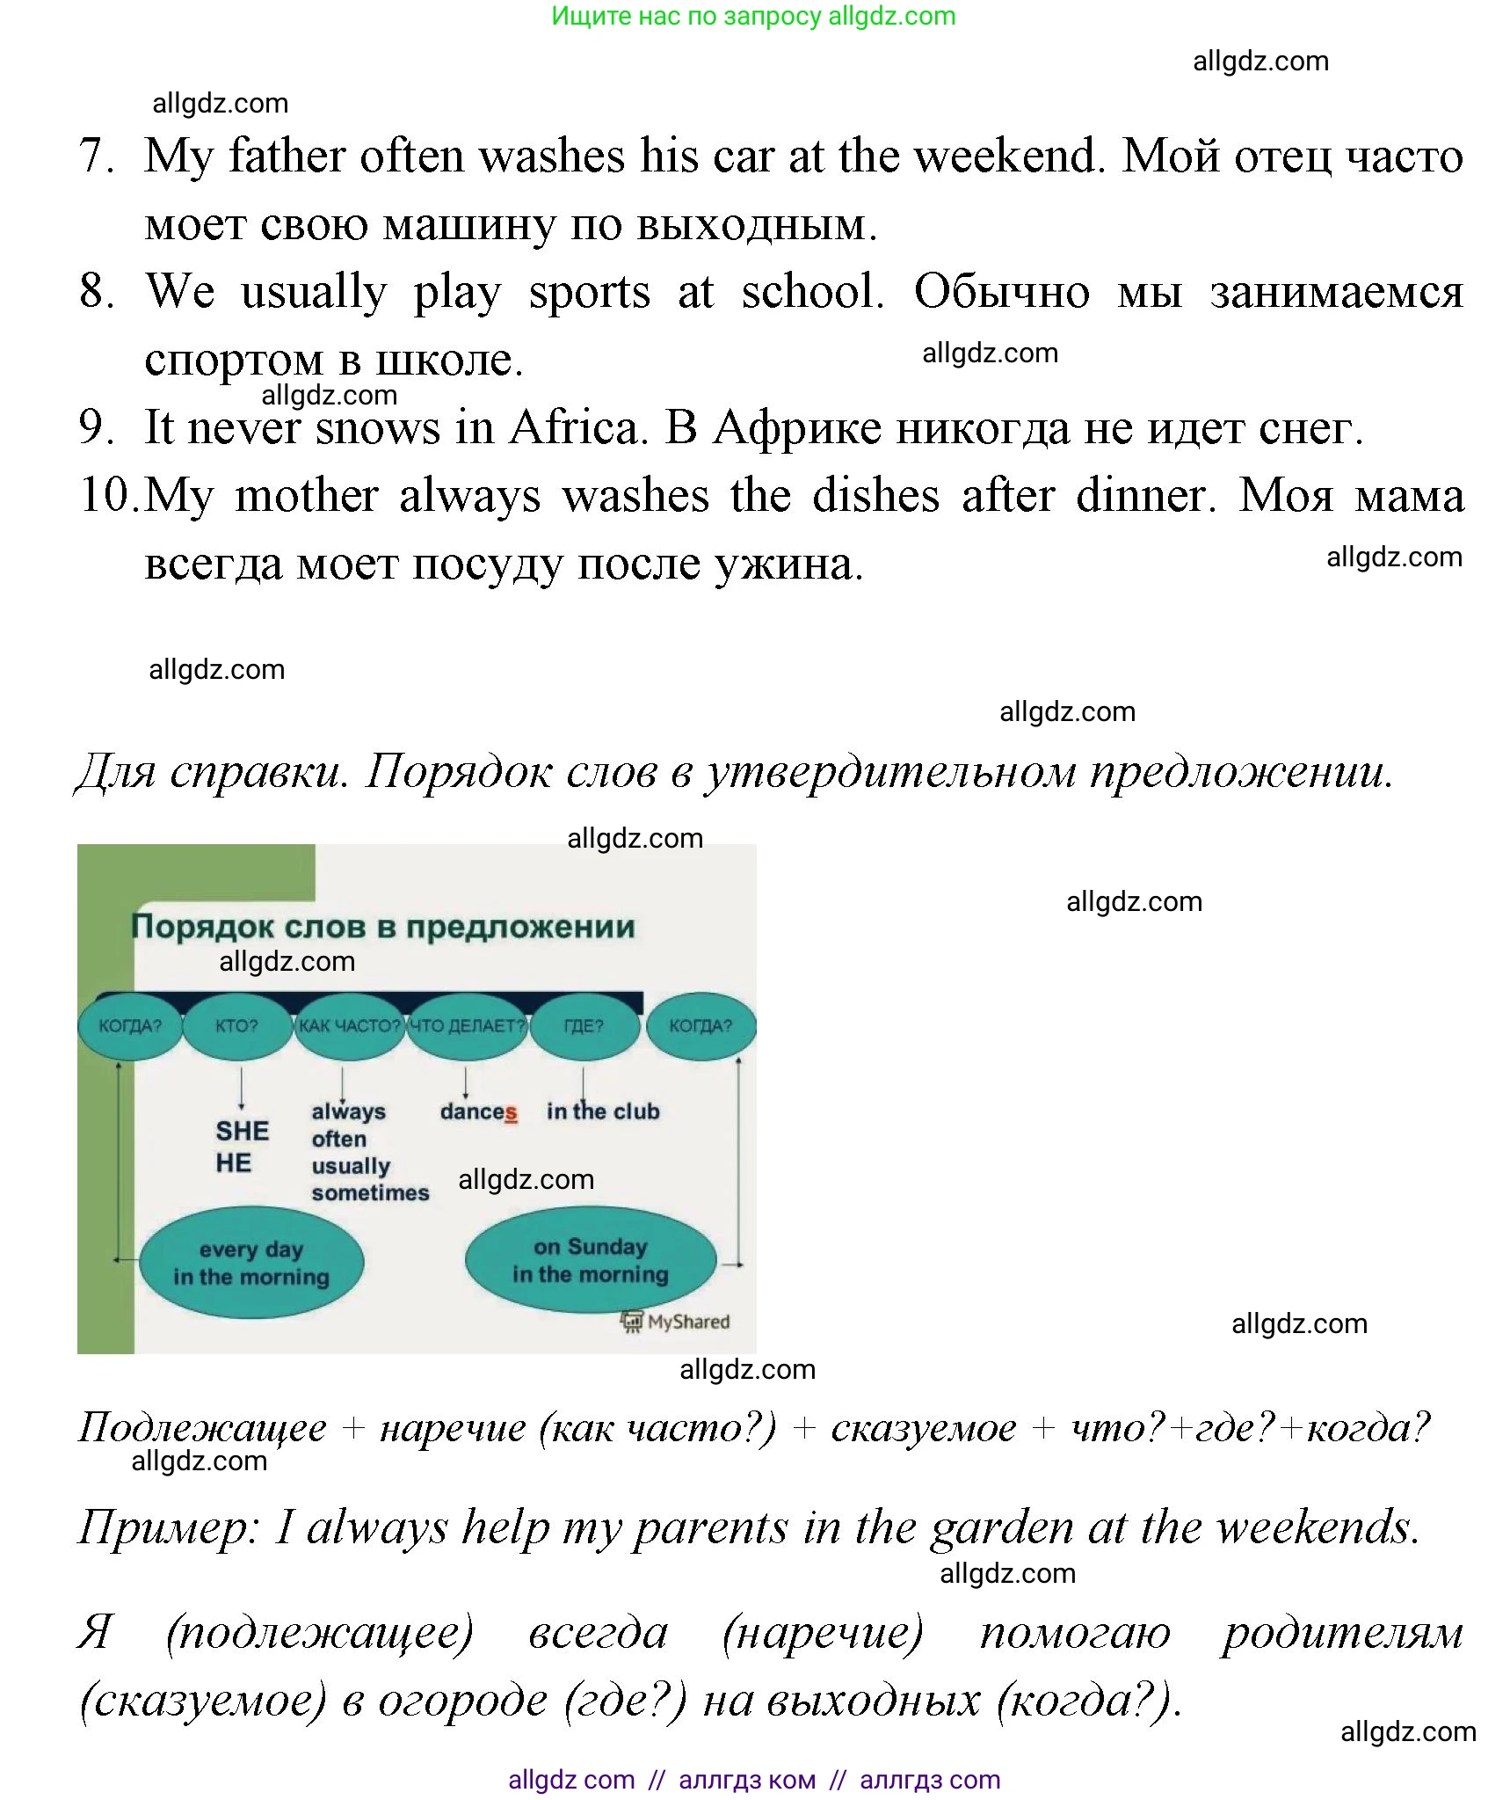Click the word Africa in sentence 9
(577, 428)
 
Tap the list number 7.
(96, 156)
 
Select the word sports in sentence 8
(589, 293)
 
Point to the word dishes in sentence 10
(875, 496)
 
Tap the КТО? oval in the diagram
(236, 1025)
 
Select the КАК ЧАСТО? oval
(349, 1025)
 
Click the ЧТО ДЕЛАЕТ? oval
(467, 1025)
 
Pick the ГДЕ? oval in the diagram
(584, 1025)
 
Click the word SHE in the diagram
(242, 1131)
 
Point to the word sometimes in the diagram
(370, 1193)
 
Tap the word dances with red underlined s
(478, 1112)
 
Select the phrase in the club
(603, 1111)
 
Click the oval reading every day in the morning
(251, 1263)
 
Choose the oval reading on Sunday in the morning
(591, 1260)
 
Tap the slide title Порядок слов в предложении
(382, 927)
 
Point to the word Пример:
(168, 1527)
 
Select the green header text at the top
(753, 16)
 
